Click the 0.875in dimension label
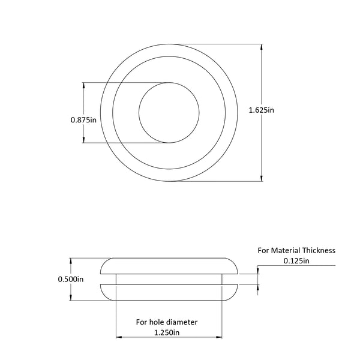click(83, 120)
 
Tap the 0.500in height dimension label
click(71, 279)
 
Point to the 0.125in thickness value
click(296, 261)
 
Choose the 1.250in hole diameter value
click(166, 332)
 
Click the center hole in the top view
click(169, 112)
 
